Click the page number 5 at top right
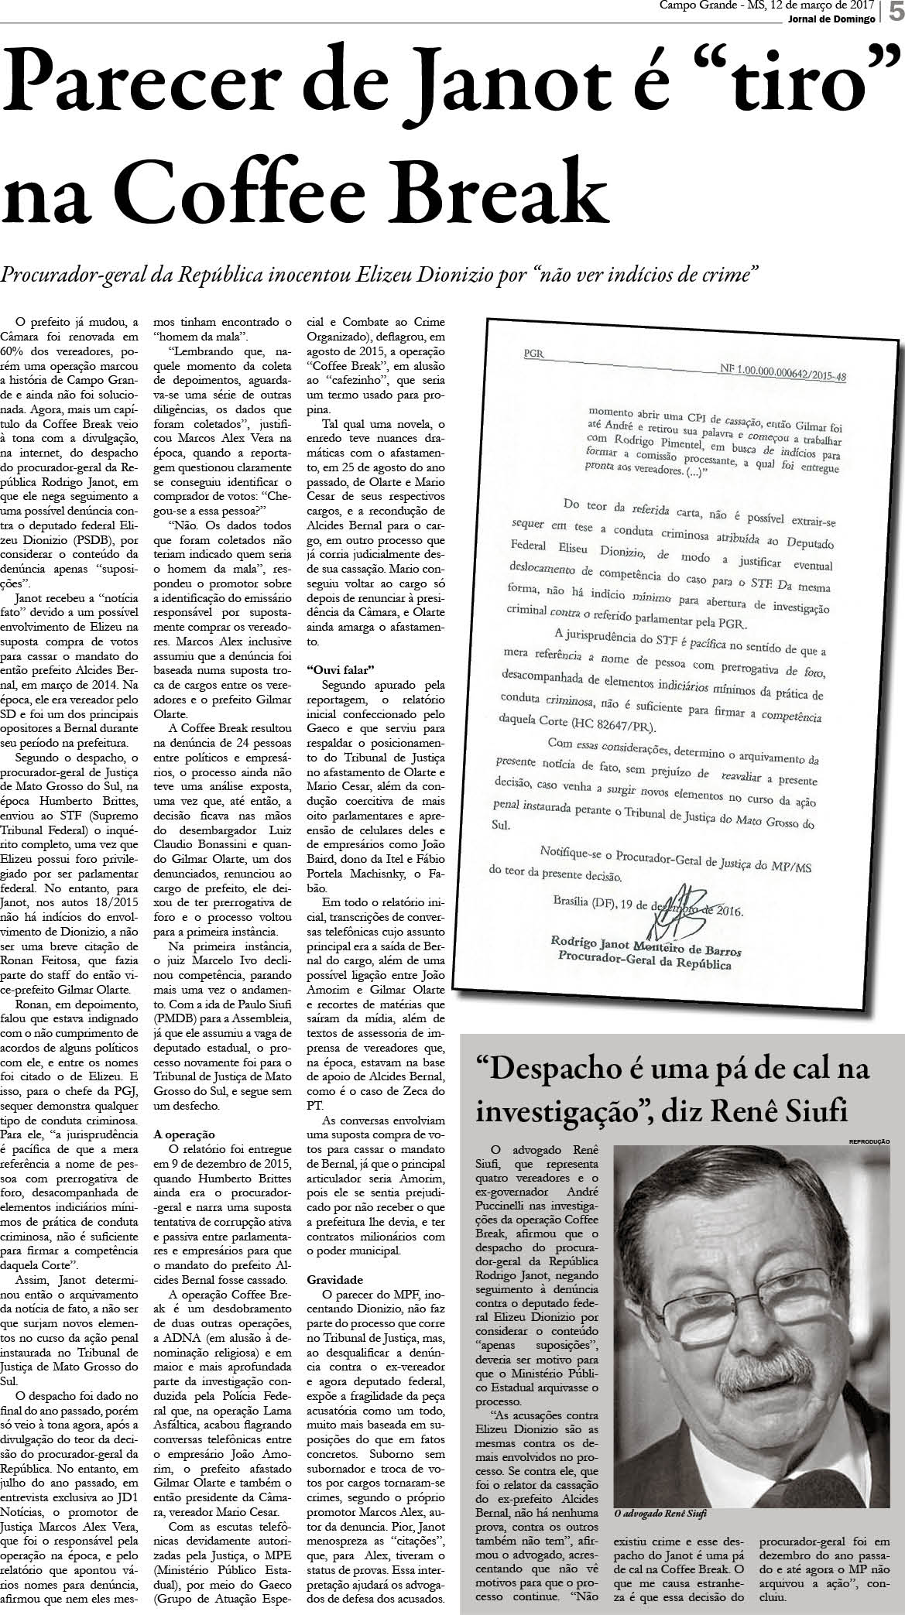tap(896, 15)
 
